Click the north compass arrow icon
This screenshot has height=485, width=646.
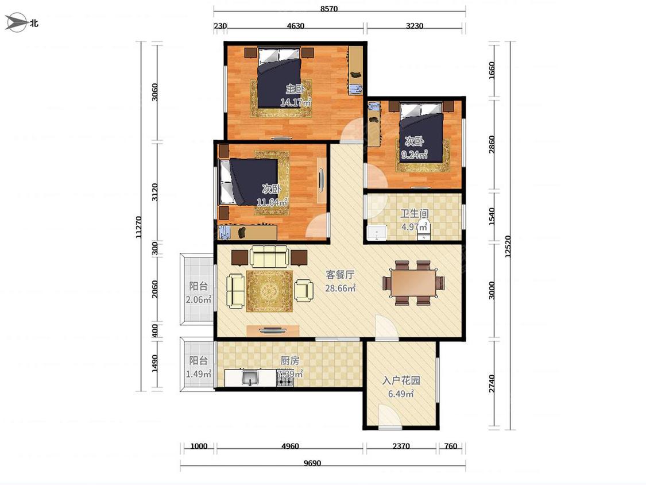[16, 22]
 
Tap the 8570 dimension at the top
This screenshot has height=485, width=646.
[329, 9]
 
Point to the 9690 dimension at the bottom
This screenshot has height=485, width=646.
[312, 463]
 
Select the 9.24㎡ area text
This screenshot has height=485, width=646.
[414, 155]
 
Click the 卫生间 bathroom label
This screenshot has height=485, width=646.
[415, 214]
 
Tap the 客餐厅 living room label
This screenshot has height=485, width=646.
[340, 275]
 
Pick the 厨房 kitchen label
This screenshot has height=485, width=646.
[289, 360]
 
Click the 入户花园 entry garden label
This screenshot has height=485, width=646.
[401, 380]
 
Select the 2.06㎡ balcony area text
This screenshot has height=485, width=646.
[198, 300]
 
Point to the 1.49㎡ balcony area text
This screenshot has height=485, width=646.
[198, 374]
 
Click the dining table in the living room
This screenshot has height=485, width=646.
[413, 283]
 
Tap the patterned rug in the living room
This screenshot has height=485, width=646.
[269, 291]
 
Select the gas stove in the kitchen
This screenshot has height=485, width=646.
[285, 381]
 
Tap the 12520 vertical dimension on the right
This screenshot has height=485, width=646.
[508, 247]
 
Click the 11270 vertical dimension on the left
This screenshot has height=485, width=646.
[138, 227]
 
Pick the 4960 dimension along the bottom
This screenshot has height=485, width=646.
[290, 446]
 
